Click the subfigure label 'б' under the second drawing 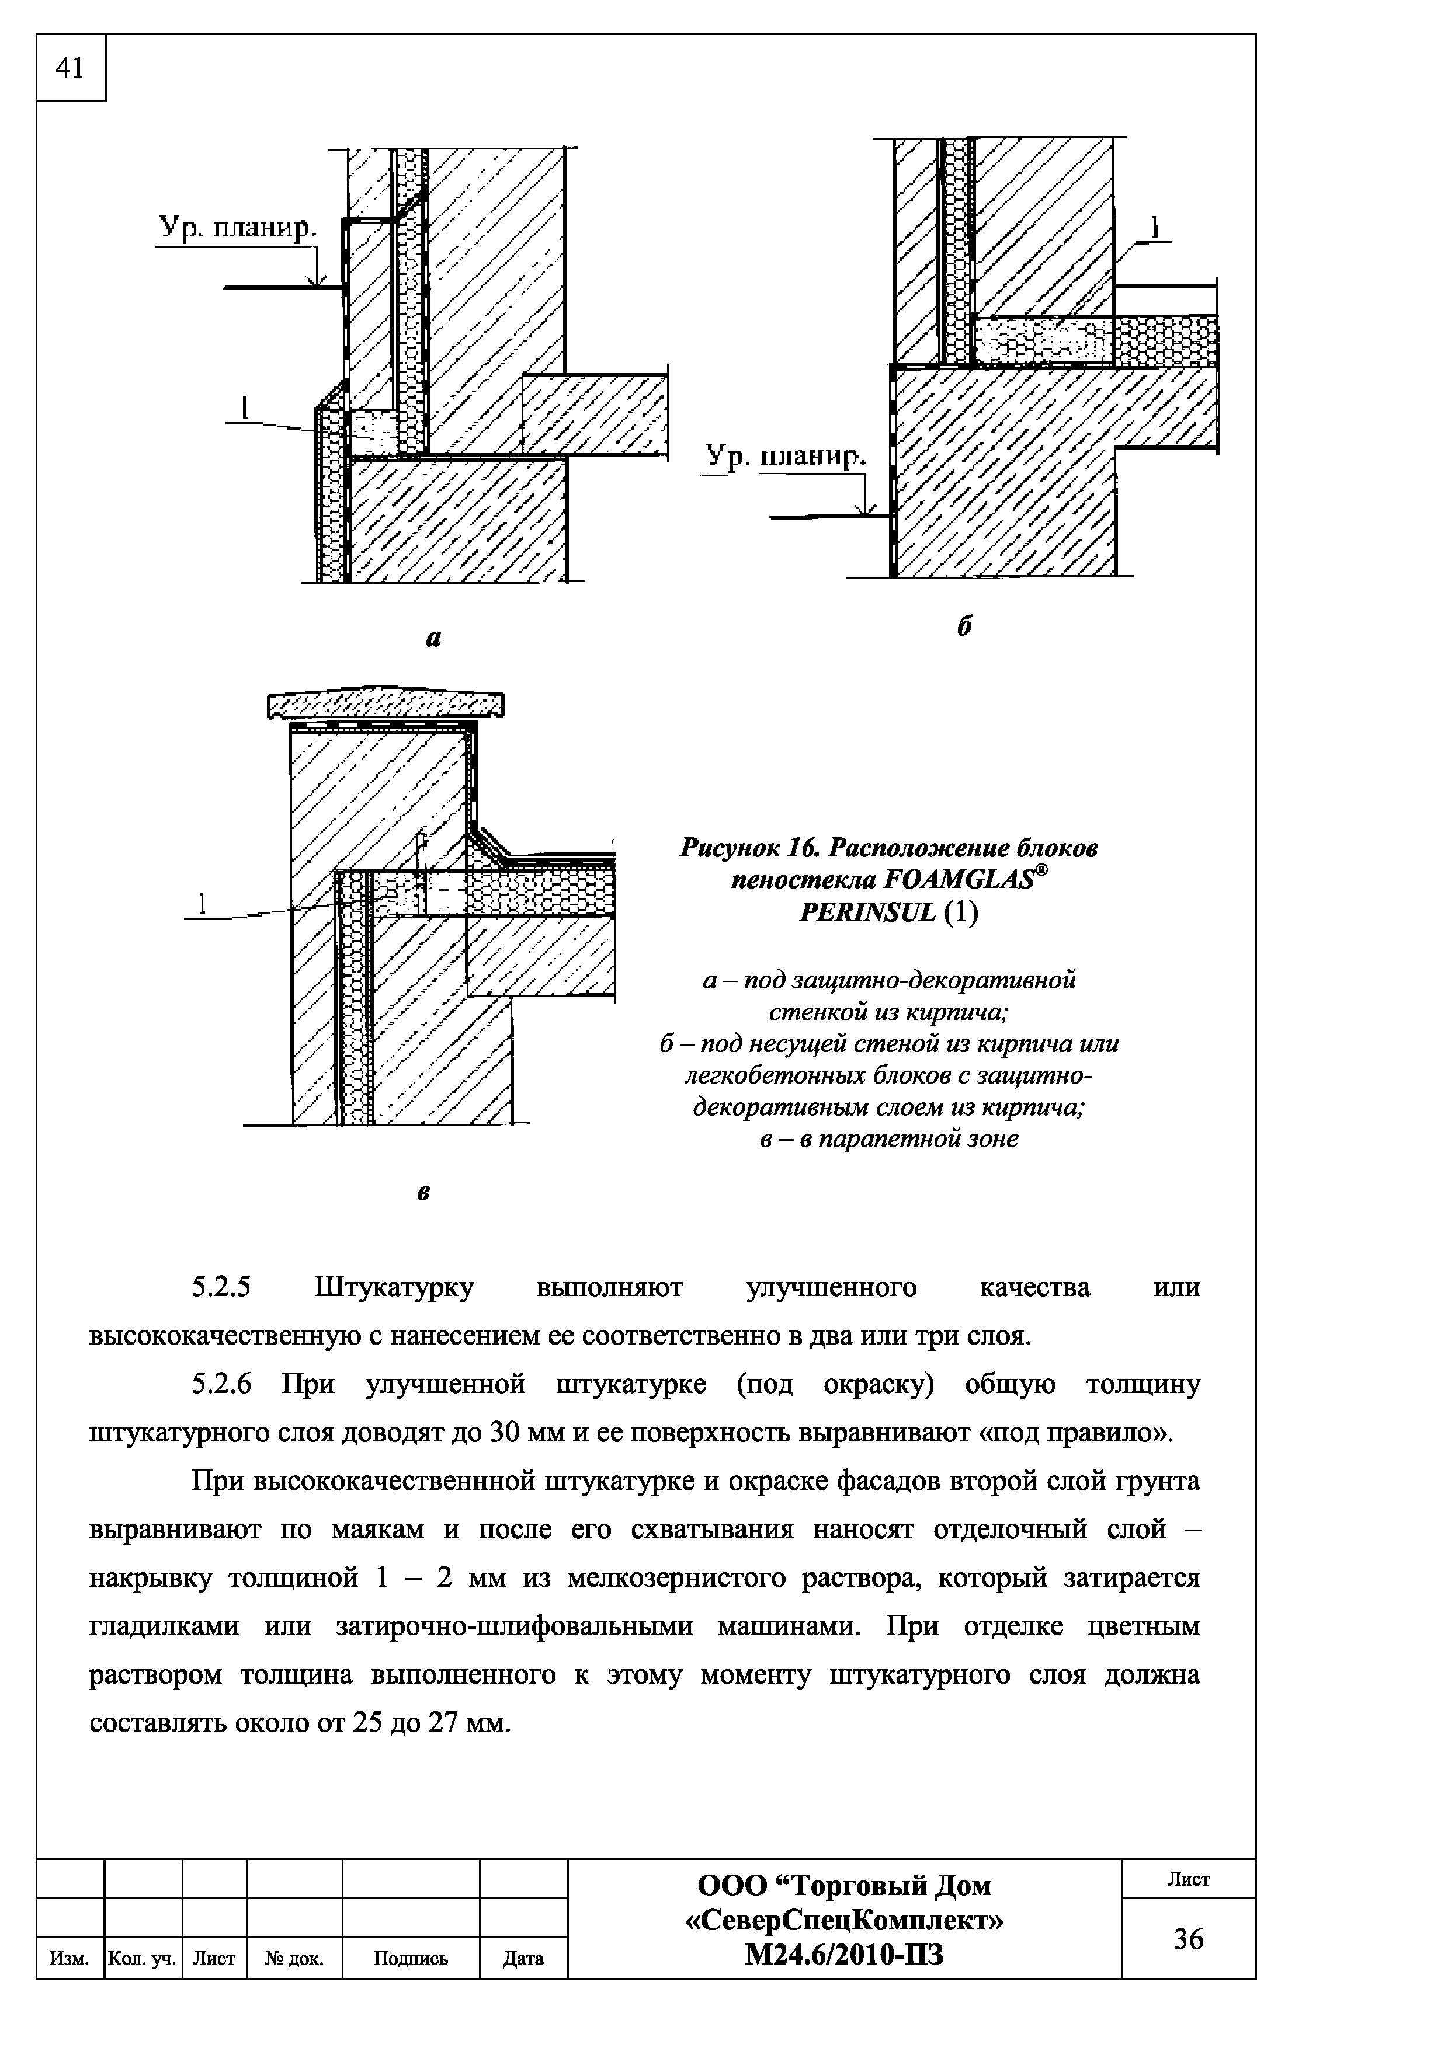pos(964,627)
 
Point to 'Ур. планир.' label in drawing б pos(785,457)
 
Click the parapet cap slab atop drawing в pos(386,706)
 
